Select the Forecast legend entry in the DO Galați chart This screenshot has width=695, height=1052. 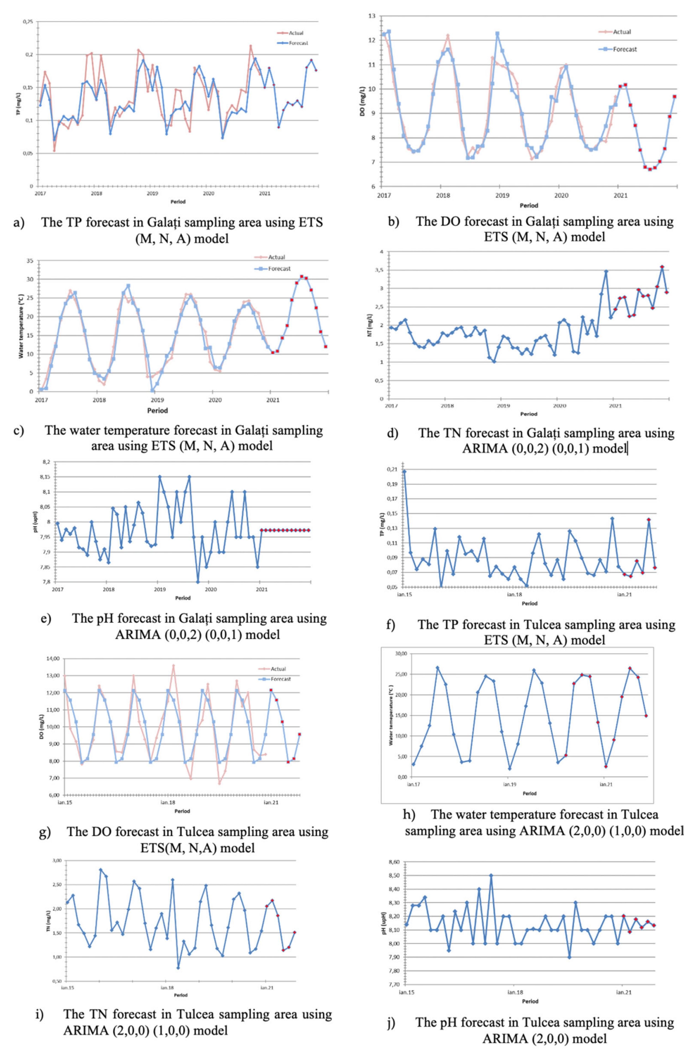pyautogui.click(x=624, y=49)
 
